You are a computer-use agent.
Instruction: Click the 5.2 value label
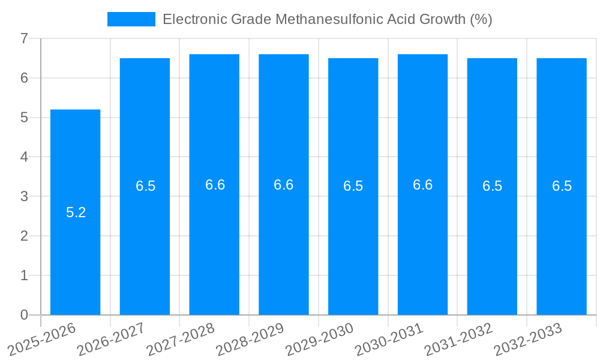76,212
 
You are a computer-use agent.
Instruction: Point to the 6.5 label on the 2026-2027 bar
145,186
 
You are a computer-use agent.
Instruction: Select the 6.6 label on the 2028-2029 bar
283,185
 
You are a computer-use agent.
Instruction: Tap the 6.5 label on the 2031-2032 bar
492,186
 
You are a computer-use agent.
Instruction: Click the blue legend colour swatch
131,19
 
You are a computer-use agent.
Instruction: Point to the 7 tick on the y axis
24,38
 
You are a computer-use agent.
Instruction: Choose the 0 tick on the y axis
24,315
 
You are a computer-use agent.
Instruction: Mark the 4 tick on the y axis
24,157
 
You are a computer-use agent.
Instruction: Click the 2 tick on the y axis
24,236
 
